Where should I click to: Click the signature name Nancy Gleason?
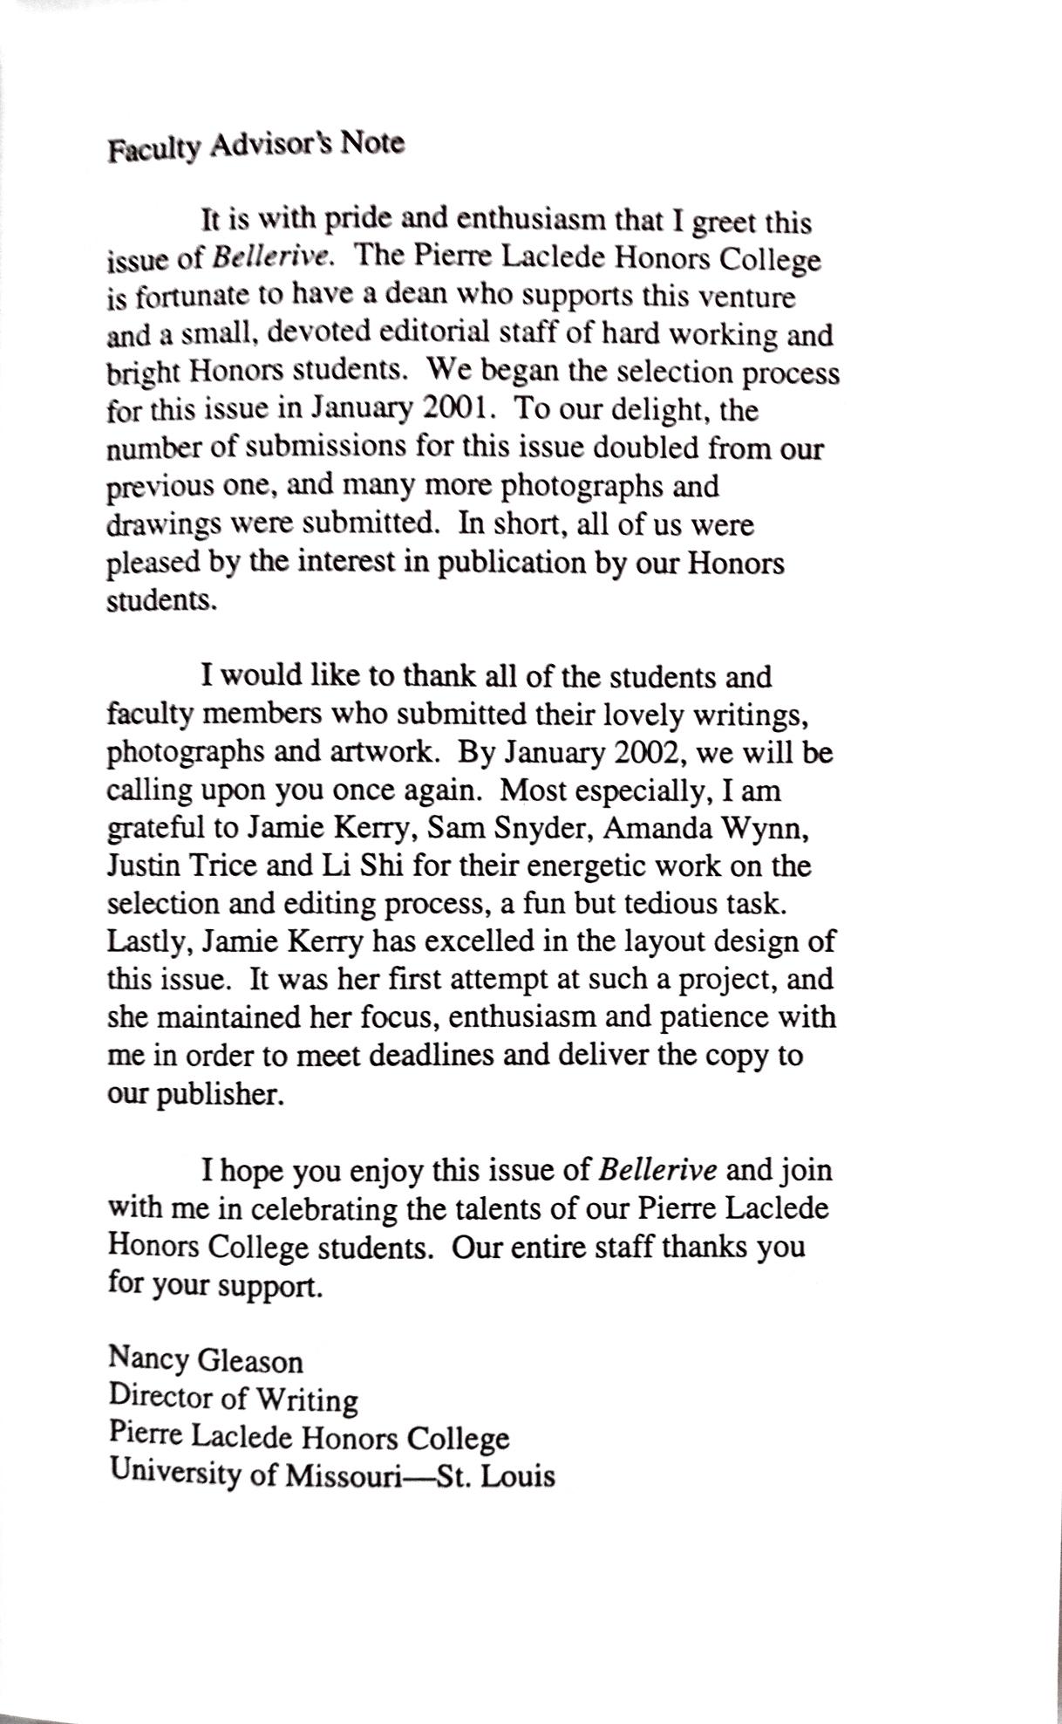(x=206, y=1359)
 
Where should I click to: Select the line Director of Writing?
(x=233, y=1398)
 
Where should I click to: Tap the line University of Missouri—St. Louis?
(x=332, y=1474)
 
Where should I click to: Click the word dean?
(x=416, y=296)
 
